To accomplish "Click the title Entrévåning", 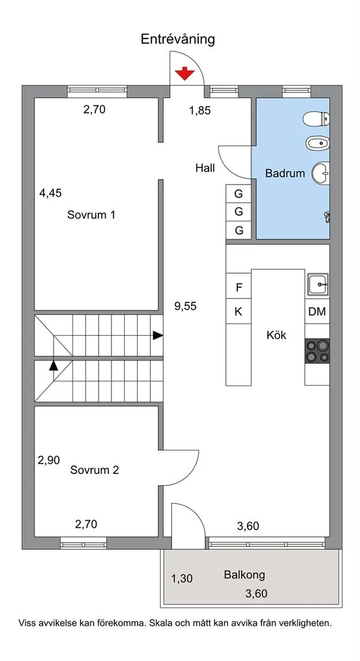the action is [x=177, y=39].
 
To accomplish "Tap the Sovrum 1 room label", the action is [x=91, y=215].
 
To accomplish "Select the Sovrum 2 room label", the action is [x=95, y=469].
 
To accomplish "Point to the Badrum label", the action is [x=285, y=173].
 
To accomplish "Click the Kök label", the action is [x=276, y=335].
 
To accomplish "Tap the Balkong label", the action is [x=245, y=574].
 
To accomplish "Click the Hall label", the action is [x=205, y=168].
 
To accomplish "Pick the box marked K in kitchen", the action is [x=239, y=312].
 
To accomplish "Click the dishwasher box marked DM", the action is [x=317, y=312].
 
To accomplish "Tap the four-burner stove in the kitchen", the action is [x=318, y=351].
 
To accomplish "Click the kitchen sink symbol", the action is [x=318, y=285].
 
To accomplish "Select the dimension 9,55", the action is [x=185, y=306].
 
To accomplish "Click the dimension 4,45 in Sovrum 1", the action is [x=50, y=193].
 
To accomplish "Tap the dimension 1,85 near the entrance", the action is [x=200, y=111].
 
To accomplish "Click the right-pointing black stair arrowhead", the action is [x=158, y=336].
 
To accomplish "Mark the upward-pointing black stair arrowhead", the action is [x=53, y=365].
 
